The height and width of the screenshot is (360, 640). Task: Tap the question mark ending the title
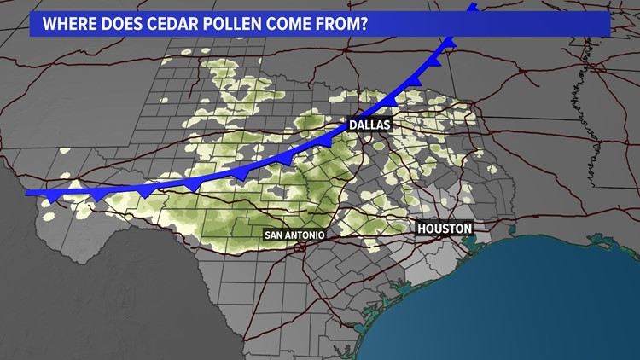click(x=365, y=24)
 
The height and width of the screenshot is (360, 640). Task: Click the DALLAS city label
click(x=369, y=125)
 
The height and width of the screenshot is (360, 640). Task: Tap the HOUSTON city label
click(x=444, y=229)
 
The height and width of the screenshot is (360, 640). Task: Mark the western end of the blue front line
click(x=30, y=193)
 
